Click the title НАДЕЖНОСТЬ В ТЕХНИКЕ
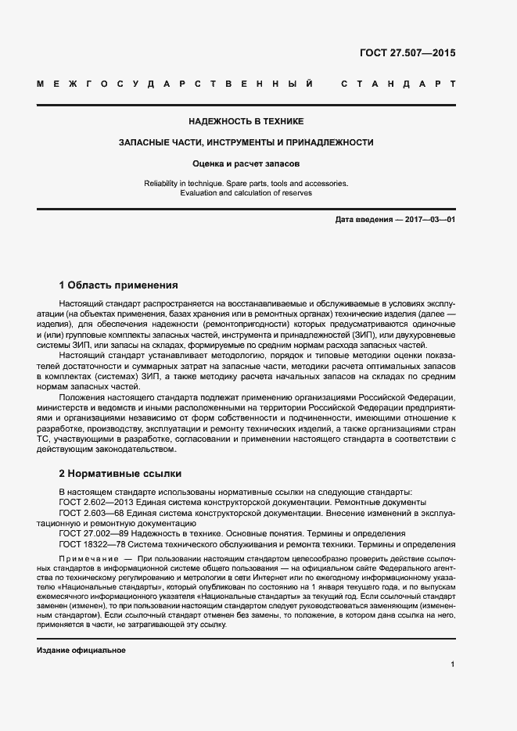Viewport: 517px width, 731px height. coord(246,121)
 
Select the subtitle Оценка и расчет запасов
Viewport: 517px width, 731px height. coord(246,163)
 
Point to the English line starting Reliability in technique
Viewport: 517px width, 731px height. coord(246,183)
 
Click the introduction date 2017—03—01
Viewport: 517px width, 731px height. coord(430,220)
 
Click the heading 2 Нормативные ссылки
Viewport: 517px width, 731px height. coord(120,474)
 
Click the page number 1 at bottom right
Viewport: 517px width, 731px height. coord(453,664)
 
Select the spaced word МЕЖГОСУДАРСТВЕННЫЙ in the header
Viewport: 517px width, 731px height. coord(175,83)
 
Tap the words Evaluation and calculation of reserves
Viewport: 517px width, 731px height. coord(246,192)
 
